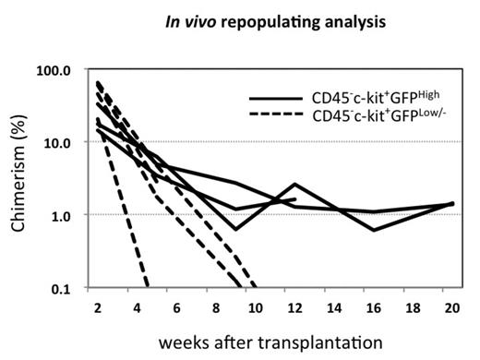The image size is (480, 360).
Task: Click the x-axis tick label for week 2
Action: point(95,304)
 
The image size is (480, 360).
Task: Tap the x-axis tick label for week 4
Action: point(137,304)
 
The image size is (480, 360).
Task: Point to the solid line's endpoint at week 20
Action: point(453,203)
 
